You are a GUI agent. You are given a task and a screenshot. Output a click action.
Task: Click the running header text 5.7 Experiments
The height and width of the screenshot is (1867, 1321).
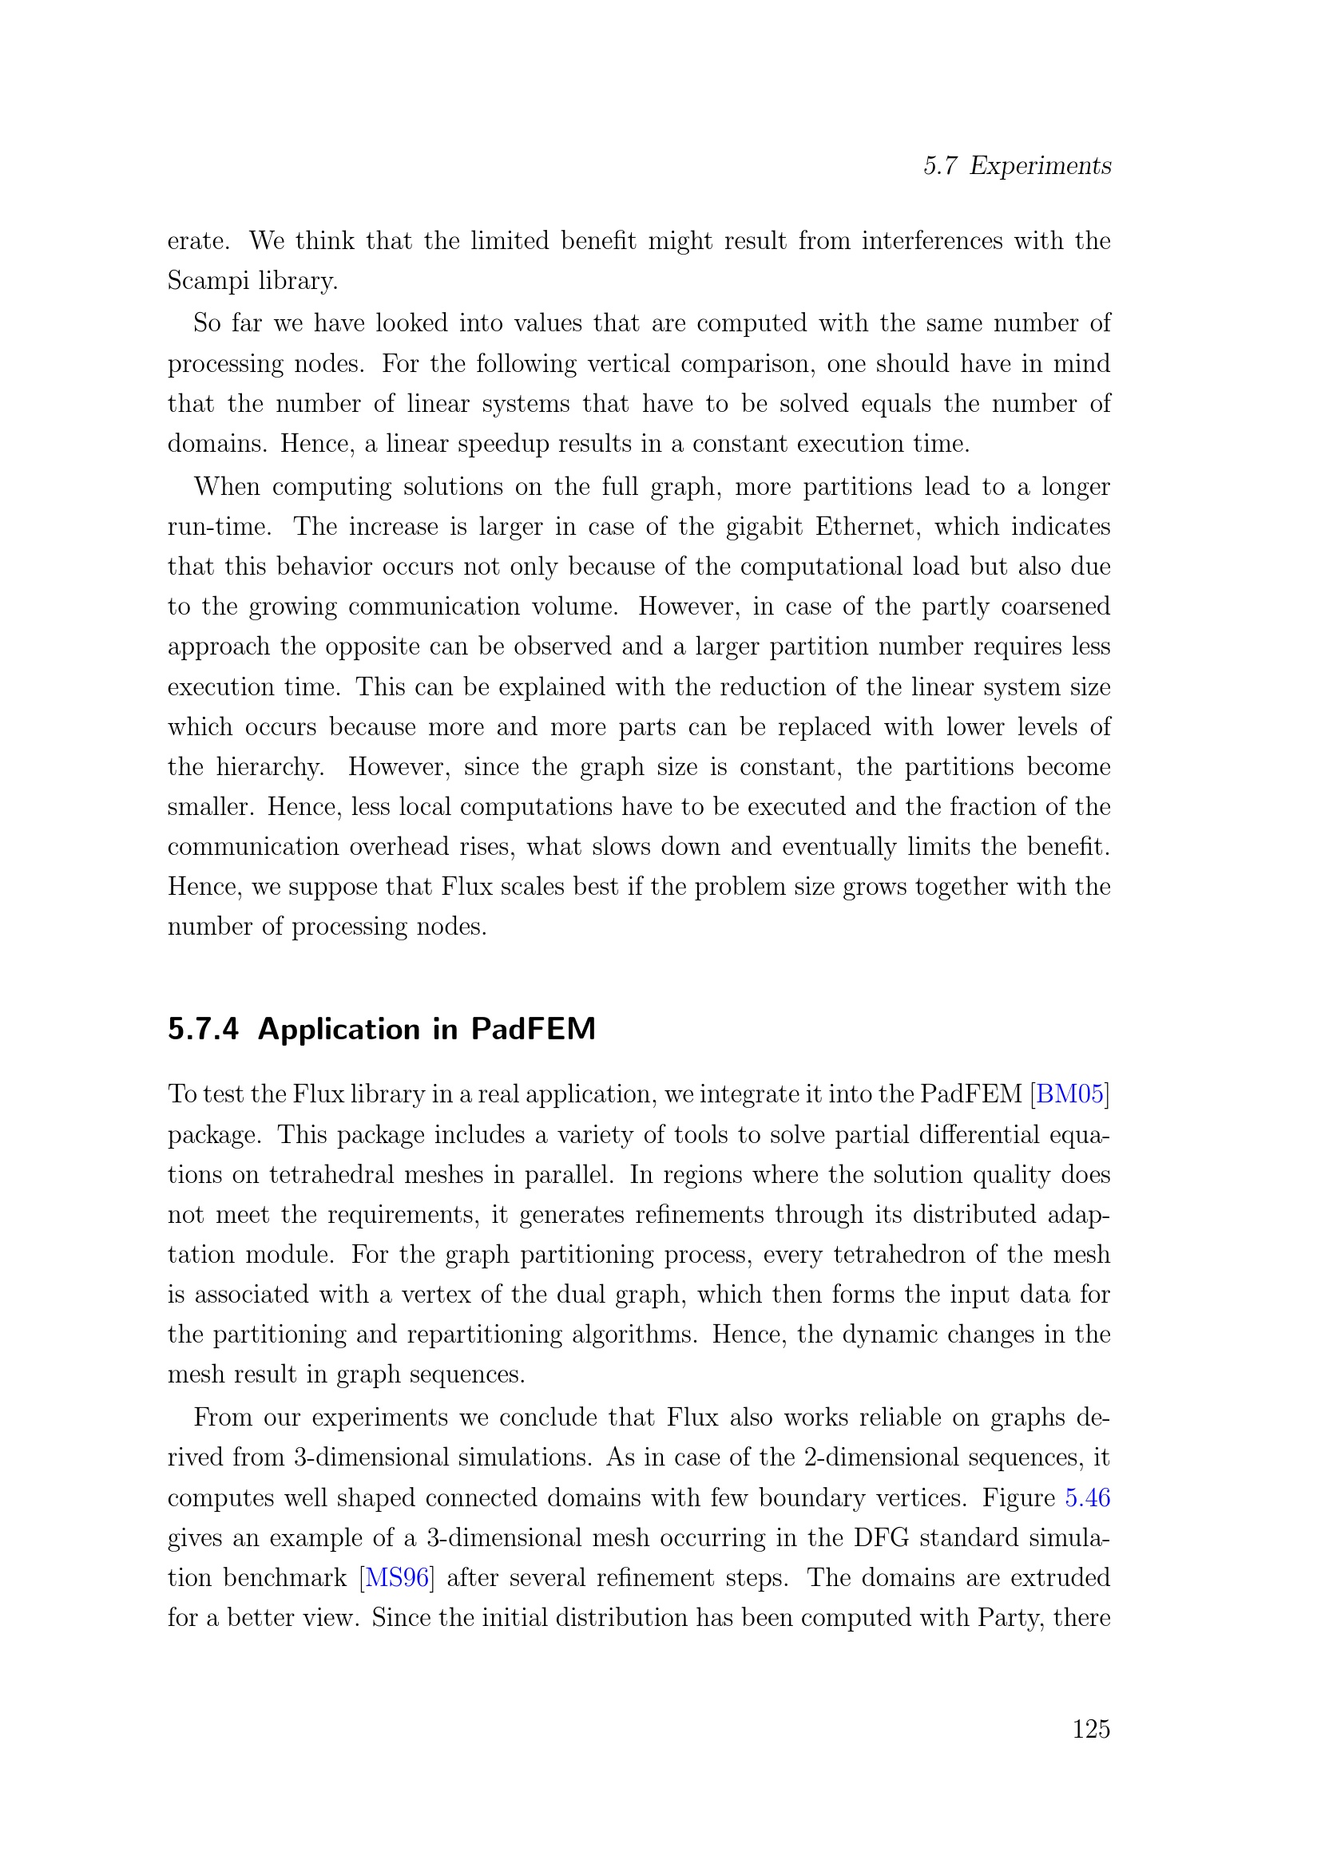(1017, 166)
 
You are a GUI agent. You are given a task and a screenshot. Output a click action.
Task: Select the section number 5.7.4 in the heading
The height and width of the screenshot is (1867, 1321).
(204, 1030)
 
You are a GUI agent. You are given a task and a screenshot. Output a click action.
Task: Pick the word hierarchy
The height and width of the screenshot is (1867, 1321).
(270, 767)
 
